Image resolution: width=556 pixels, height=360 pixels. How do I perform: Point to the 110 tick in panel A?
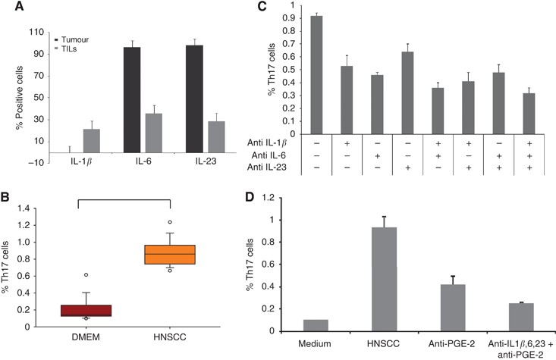pyautogui.click(x=33, y=33)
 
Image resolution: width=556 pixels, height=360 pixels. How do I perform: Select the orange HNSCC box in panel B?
pyautogui.click(x=174, y=254)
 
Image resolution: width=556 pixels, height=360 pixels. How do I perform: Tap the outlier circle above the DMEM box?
pyautogui.click(x=86, y=274)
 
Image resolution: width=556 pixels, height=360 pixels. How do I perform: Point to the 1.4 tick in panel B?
pyautogui.click(x=32, y=208)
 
